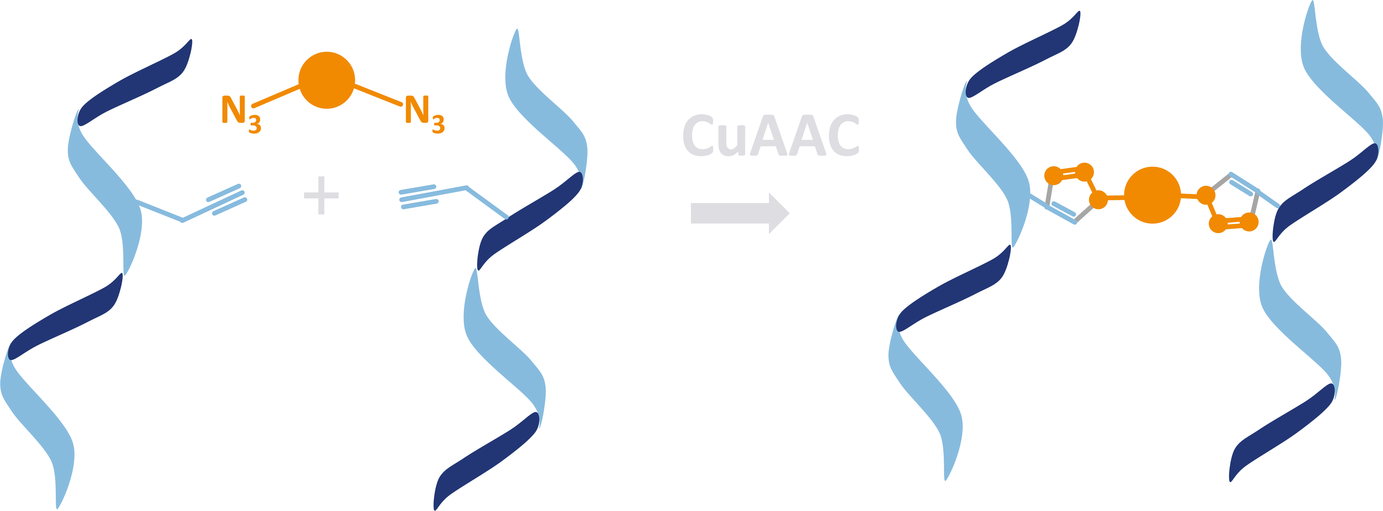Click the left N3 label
click(241, 114)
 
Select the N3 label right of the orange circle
click(425, 114)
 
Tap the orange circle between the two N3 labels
click(326, 80)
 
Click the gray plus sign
click(321, 195)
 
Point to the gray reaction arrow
click(740, 213)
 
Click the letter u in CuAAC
click(731, 141)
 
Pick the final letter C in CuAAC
click(843, 135)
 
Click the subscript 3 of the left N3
click(255, 125)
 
